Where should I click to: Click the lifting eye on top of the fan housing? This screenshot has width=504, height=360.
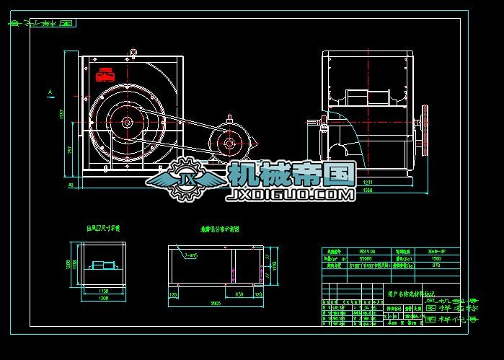133,51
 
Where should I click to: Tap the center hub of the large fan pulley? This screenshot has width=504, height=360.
127,123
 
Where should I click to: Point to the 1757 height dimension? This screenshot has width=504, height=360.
63,114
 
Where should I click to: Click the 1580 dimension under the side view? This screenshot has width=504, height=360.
369,190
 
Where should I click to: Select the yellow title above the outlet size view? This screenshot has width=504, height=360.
104,228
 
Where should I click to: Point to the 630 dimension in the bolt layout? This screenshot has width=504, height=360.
239,294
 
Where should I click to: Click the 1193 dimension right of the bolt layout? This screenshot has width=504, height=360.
274,265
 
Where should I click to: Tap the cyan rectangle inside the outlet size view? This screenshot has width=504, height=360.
105,265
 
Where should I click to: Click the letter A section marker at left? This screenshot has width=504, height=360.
49,92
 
